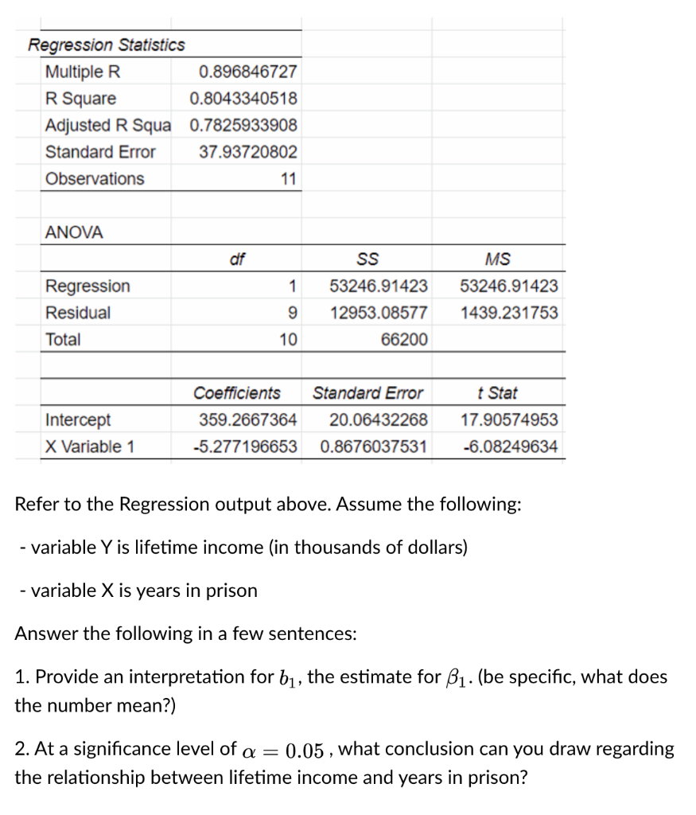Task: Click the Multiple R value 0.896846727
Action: (x=247, y=72)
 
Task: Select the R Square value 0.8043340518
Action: (x=243, y=99)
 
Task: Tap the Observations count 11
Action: (x=288, y=179)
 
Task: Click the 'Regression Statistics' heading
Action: (x=107, y=45)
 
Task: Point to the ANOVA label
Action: (x=74, y=232)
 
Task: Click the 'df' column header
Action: (x=236, y=259)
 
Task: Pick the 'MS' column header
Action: (x=497, y=259)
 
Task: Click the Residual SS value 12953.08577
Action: (x=379, y=313)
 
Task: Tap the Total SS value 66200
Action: (x=404, y=340)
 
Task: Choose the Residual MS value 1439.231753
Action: (x=509, y=313)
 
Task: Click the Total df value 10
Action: (x=287, y=340)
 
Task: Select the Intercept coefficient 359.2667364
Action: (x=247, y=419)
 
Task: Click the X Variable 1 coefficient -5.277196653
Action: (x=245, y=446)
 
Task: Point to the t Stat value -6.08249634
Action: (x=510, y=446)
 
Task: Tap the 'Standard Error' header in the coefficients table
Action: (x=367, y=393)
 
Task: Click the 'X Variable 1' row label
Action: (x=89, y=446)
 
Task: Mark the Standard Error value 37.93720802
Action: (x=247, y=152)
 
